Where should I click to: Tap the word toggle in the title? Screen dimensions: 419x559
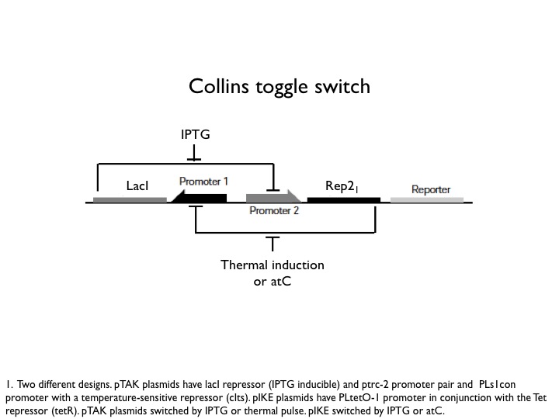[x=282, y=87]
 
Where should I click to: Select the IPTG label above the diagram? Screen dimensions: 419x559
[x=195, y=135]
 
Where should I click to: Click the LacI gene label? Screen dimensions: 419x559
[x=137, y=186]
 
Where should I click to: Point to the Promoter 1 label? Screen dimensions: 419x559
[x=203, y=182]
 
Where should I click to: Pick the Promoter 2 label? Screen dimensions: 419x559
[x=273, y=210]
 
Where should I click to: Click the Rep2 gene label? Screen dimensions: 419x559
[x=342, y=186]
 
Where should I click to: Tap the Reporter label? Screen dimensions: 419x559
[x=430, y=189]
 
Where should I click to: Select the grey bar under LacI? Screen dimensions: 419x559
[x=130, y=199]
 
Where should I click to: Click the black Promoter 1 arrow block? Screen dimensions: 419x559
[x=200, y=198]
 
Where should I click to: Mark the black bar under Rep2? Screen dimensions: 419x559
[x=344, y=199]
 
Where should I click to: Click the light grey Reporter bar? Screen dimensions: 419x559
[x=426, y=199]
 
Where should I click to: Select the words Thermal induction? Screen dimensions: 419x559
[x=272, y=265]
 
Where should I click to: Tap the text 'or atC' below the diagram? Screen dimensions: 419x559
[x=272, y=281]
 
